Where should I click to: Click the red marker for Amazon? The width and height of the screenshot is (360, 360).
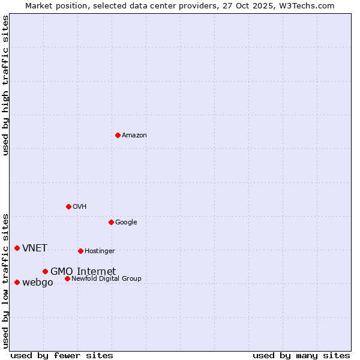[118, 135]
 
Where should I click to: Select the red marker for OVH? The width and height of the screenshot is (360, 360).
[68, 206]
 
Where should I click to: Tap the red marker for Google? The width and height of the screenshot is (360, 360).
[111, 222]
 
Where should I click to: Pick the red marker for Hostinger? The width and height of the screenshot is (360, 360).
[80, 251]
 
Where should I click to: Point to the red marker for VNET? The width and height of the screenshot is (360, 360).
[17, 248]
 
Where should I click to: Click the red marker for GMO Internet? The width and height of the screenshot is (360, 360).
[45, 271]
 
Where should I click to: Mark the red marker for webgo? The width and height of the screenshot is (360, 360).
[17, 282]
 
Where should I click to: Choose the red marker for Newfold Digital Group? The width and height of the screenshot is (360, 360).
[67, 278]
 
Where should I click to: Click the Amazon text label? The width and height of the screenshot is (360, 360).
[134, 136]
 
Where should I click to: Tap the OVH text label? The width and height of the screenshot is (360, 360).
[80, 207]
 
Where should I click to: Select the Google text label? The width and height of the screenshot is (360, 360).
[126, 223]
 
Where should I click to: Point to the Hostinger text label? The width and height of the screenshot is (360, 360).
[100, 251]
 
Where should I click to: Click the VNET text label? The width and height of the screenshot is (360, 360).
[35, 248]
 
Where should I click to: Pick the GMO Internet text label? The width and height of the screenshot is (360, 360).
[83, 272]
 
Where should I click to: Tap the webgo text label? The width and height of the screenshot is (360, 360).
[37, 283]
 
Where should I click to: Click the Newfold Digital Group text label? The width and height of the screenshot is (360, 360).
[106, 279]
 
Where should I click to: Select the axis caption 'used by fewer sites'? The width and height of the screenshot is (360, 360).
[62, 355]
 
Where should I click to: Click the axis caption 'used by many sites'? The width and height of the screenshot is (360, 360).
[301, 355]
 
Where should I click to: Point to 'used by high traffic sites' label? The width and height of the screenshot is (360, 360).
[5, 85]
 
